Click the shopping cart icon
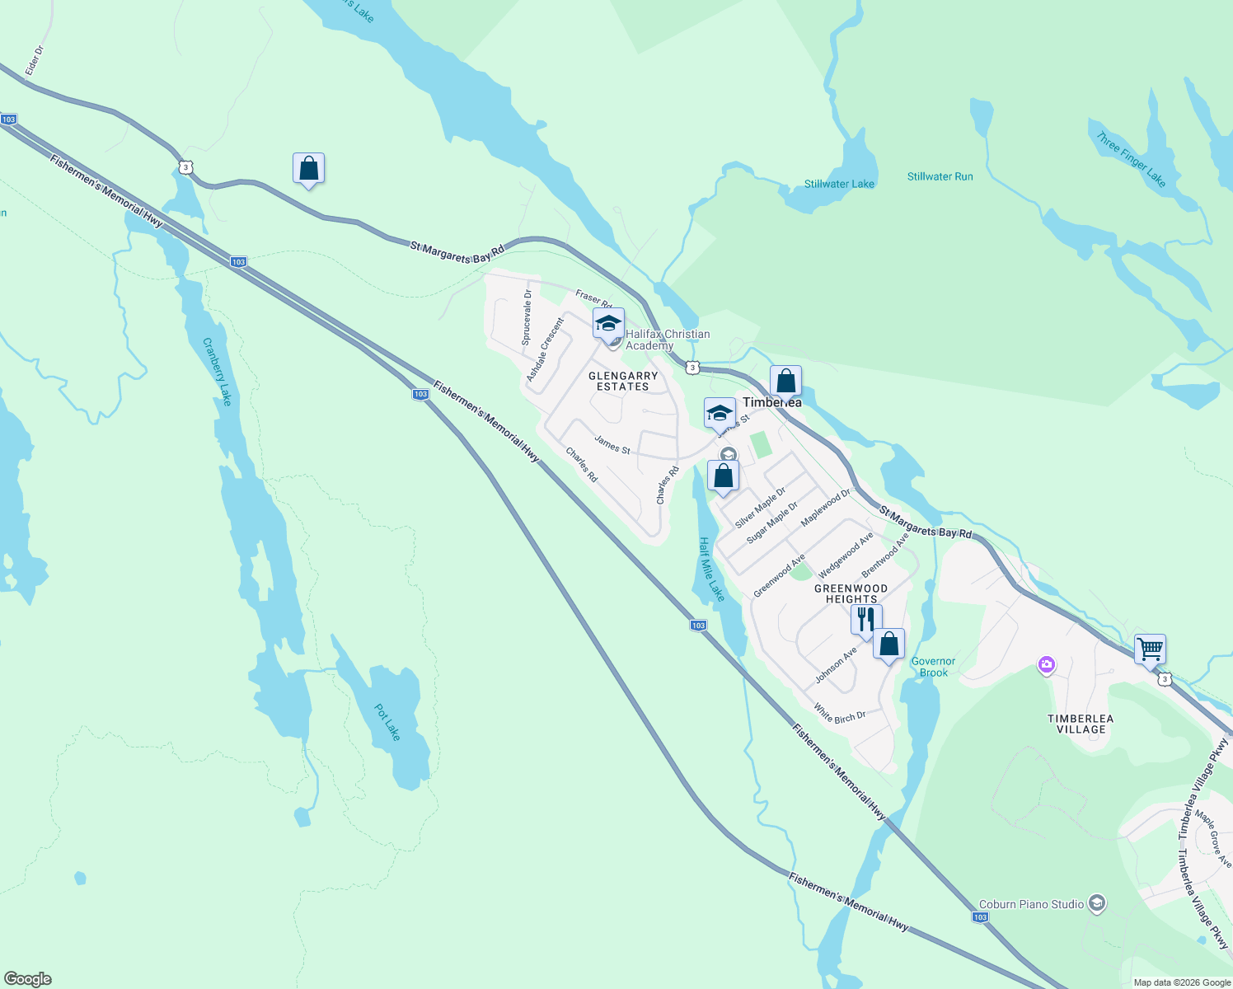click(1150, 649)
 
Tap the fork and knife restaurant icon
click(866, 620)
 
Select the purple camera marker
click(1046, 664)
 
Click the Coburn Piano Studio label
click(1031, 904)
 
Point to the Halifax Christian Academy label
click(667, 340)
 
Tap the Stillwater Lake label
click(839, 184)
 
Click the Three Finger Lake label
click(1131, 159)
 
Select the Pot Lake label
click(387, 722)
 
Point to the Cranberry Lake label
click(217, 372)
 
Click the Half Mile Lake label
click(711, 569)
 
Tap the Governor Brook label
click(933, 667)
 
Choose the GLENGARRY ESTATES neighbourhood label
click(623, 381)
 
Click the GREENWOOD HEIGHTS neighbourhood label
click(851, 593)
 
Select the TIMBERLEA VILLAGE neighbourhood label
click(1081, 724)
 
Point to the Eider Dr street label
click(34, 61)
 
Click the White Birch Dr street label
click(839, 713)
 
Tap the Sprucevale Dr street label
click(527, 317)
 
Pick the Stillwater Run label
click(940, 176)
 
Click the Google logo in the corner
click(28, 979)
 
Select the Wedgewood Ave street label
click(845, 555)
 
